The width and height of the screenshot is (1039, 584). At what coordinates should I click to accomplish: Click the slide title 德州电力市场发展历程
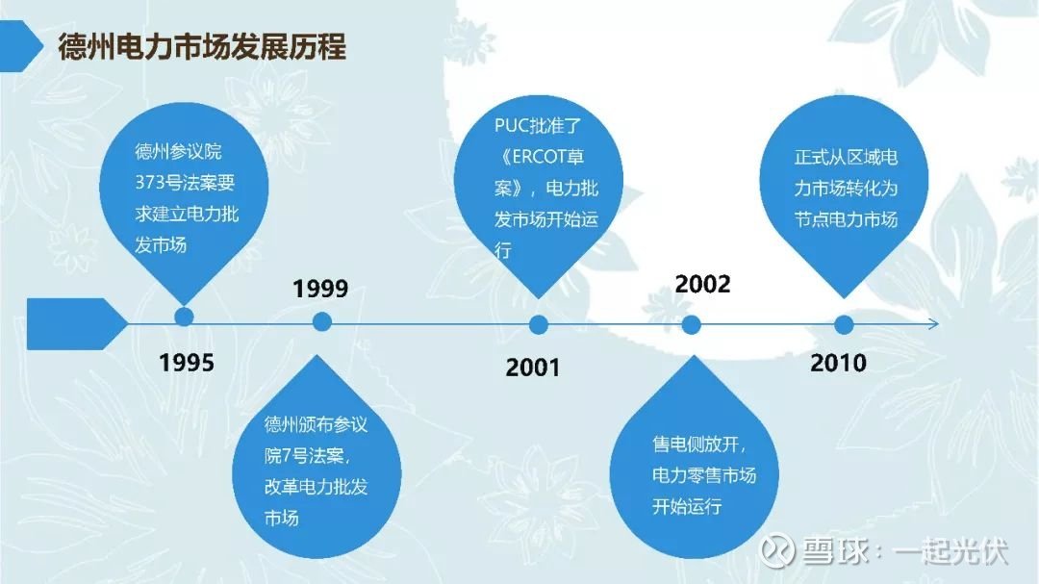coord(202,47)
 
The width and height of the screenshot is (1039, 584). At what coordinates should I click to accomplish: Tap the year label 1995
coord(187,363)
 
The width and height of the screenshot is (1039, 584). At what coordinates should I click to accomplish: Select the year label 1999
coord(320,289)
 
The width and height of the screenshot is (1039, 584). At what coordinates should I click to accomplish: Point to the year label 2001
coord(533,368)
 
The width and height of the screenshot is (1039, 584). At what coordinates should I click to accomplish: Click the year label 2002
coord(702,284)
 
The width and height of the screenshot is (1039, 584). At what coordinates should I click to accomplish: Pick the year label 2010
coord(838,363)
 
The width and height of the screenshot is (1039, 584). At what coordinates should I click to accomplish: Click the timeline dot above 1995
coord(184,317)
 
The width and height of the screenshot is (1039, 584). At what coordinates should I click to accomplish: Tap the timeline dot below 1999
coord(322,322)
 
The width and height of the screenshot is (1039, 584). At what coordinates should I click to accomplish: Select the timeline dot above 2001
coord(539,325)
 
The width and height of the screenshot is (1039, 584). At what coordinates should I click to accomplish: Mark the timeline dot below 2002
coord(691,325)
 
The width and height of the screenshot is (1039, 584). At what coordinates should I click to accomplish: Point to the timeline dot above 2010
coord(844,325)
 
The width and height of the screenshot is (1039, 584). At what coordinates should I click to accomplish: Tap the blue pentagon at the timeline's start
coord(76,323)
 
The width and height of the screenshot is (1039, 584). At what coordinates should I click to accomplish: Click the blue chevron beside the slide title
coord(20,46)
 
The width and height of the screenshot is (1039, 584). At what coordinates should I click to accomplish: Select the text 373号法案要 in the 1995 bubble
coord(185,182)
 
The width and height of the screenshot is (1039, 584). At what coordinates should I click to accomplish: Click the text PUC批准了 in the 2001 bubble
coord(538,125)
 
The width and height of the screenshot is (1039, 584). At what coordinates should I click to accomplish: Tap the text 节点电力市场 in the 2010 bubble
coord(847,219)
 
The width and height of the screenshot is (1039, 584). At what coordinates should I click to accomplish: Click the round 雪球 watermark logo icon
coord(777,550)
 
